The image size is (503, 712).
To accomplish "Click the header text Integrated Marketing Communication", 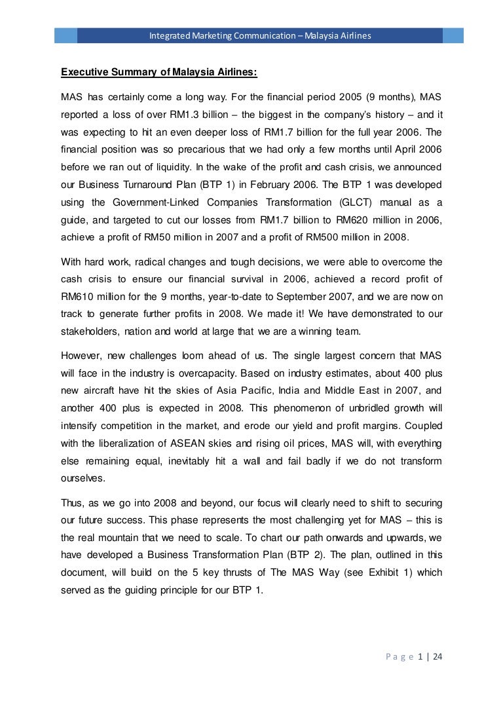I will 221,34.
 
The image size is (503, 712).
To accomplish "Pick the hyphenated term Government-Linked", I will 156,205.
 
